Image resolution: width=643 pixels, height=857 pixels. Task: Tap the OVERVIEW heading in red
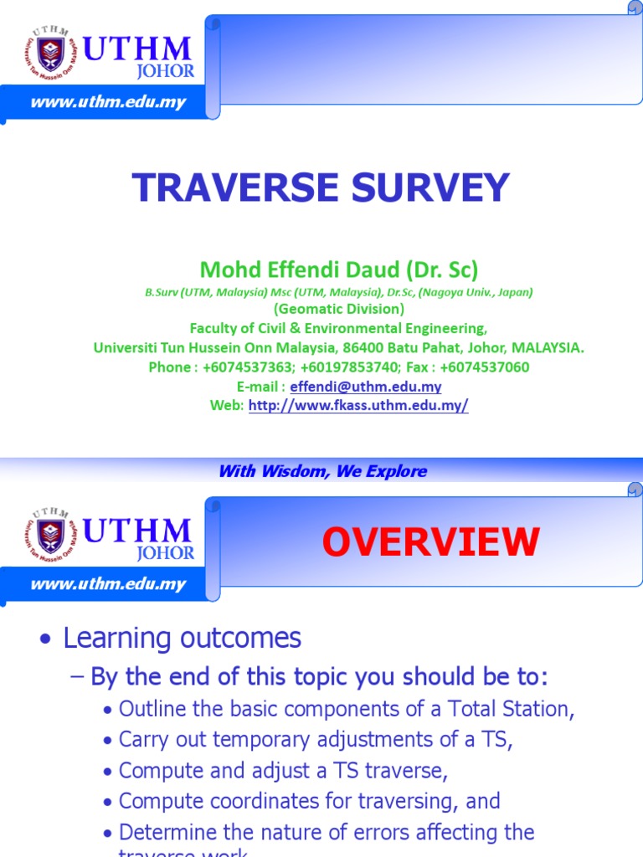coord(431,542)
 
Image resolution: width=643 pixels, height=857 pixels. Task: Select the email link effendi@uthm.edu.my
coord(366,387)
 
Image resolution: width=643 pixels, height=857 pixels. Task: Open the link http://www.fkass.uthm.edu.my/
coord(358,405)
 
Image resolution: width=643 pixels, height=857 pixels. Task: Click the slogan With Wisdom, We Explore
coord(322,471)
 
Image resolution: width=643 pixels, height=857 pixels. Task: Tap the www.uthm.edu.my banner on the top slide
coord(108,103)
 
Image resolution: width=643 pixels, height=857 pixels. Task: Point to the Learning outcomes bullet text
coord(182,639)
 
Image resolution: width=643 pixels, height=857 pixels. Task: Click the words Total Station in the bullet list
coord(520,709)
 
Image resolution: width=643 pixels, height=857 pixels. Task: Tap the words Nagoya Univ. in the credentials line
coord(476,292)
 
